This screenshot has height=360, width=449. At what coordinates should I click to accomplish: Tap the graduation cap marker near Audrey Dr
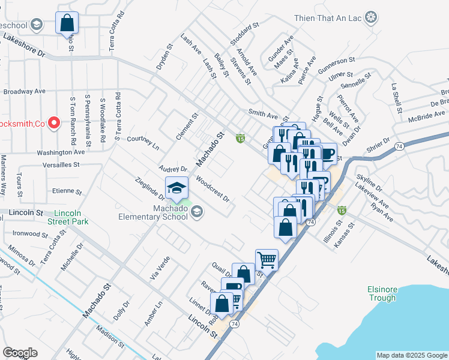pyautogui.click(x=176, y=188)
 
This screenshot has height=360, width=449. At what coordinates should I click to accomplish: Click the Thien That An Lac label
pyautogui.click(x=328, y=17)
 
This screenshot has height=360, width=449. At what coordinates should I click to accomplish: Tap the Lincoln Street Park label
pyautogui.click(x=71, y=217)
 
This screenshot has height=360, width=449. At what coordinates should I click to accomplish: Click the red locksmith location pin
pyautogui.click(x=53, y=124)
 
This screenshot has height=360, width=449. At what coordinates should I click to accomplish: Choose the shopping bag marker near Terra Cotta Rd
pyautogui.click(x=67, y=24)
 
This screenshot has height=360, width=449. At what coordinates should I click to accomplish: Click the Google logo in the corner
pyautogui.click(x=20, y=353)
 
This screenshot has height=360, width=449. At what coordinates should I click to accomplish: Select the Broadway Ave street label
pyautogui.click(x=25, y=91)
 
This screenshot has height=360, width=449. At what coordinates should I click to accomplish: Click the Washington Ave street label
pyautogui.click(x=61, y=152)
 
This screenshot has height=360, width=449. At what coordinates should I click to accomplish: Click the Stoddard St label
pyautogui.click(x=244, y=34)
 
